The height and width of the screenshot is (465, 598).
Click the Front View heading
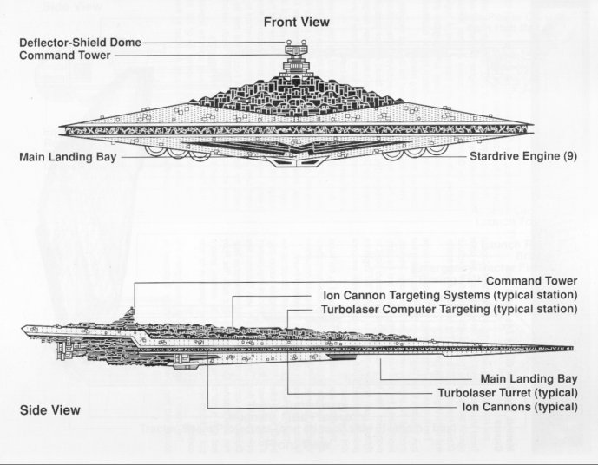coord(297,23)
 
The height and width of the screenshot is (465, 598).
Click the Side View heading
coord(49,409)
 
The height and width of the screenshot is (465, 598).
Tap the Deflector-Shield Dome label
coord(81,42)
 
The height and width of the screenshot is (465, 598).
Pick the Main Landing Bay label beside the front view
coord(68,158)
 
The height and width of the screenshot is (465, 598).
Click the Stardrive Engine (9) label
coord(522,158)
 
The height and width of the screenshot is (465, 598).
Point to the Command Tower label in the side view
coord(531,281)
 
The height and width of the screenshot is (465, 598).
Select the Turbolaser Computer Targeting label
coord(449,308)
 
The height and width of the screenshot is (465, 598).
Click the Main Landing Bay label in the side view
coord(529,379)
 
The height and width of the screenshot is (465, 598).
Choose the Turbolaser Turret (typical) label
coord(509,392)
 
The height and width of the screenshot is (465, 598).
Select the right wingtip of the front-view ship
coord(535,129)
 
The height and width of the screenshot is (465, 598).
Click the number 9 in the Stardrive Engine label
coord(569,158)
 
